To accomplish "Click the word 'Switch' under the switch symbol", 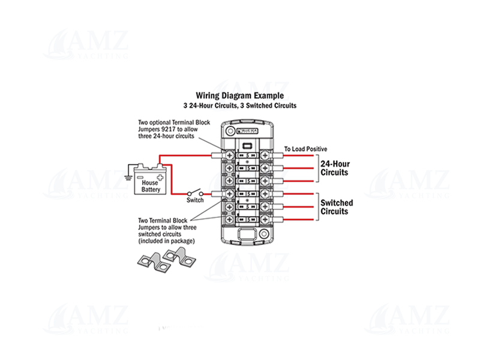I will (195, 201).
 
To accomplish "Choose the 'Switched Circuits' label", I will (337, 207).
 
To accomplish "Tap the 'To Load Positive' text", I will (305, 149).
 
